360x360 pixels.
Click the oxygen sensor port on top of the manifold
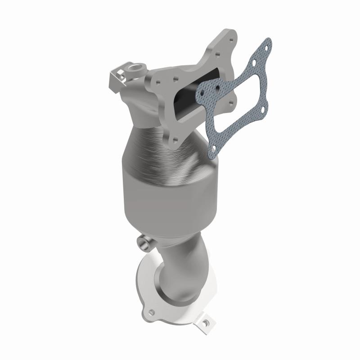pyautogui.click(x=135, y=70)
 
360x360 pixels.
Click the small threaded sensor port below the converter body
pyautogui.click(x=145, y=243)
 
